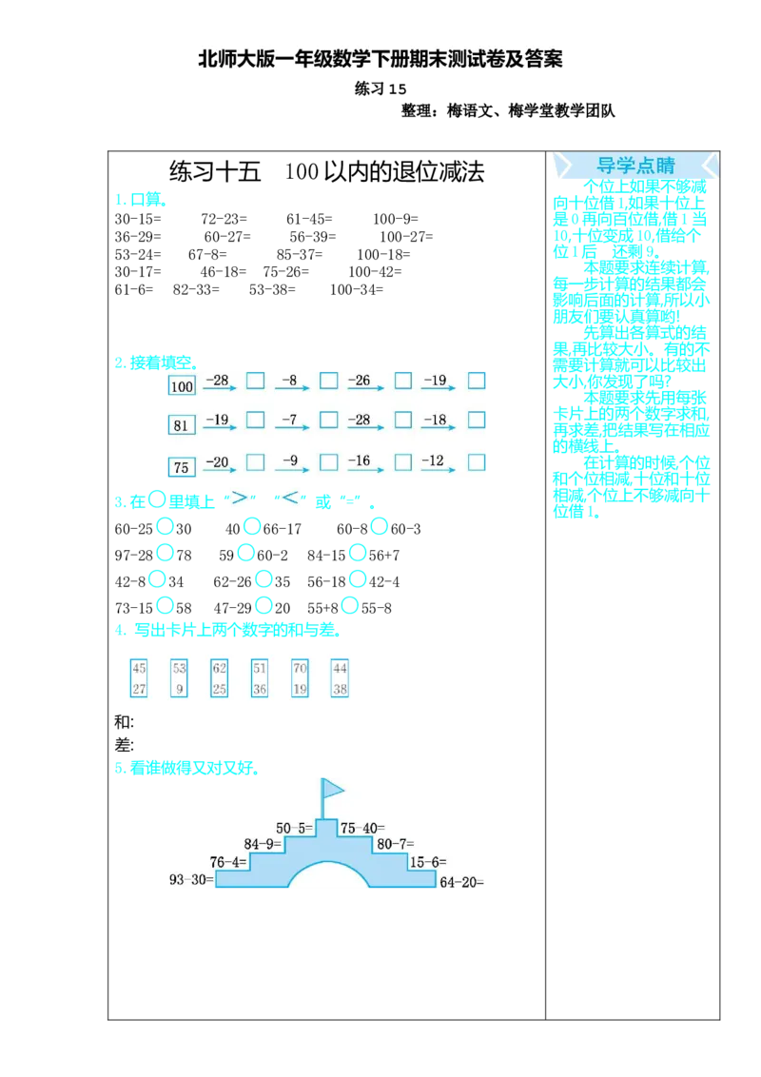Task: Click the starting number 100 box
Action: [x=182, y=385]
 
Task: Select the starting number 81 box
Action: [x=181, y=424]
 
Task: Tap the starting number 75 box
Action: [x=181, y=466]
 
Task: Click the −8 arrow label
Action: [x=289, y=381]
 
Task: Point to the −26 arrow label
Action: [x=360, y=381]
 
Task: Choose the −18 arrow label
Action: [x=435, y=420]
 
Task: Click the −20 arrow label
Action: [x=217, y=461]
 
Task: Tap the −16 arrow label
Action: [x=360, y=461]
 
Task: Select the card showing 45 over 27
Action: [x=140, y=678]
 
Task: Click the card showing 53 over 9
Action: [x=180, y=678]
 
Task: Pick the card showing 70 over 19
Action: [x=300, y=678]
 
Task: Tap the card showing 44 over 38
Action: [x=341, y=678]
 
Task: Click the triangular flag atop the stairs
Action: [x=332, y=788]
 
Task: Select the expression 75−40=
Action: [x=362, y=828]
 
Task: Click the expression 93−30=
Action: [x=191, y=880]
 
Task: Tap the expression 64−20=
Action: [x=462, y=882]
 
